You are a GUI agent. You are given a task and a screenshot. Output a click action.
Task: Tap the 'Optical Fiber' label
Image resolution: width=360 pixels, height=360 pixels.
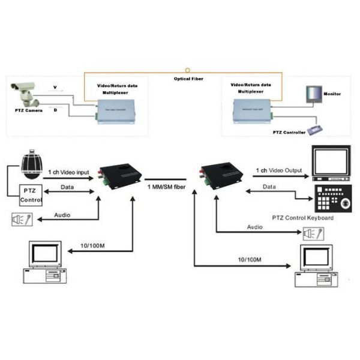(x=188, y=78)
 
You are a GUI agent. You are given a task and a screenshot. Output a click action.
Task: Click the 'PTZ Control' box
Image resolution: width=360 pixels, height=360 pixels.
(x=30, y=195)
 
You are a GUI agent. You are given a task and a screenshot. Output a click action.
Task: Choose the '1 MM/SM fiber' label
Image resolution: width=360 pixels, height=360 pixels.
(x=166, y=188)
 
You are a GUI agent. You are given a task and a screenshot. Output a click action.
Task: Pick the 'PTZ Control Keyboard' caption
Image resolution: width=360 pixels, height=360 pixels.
(x=303, y=218)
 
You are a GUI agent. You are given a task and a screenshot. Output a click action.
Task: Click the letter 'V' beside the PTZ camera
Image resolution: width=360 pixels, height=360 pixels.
(x=55, y=88)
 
